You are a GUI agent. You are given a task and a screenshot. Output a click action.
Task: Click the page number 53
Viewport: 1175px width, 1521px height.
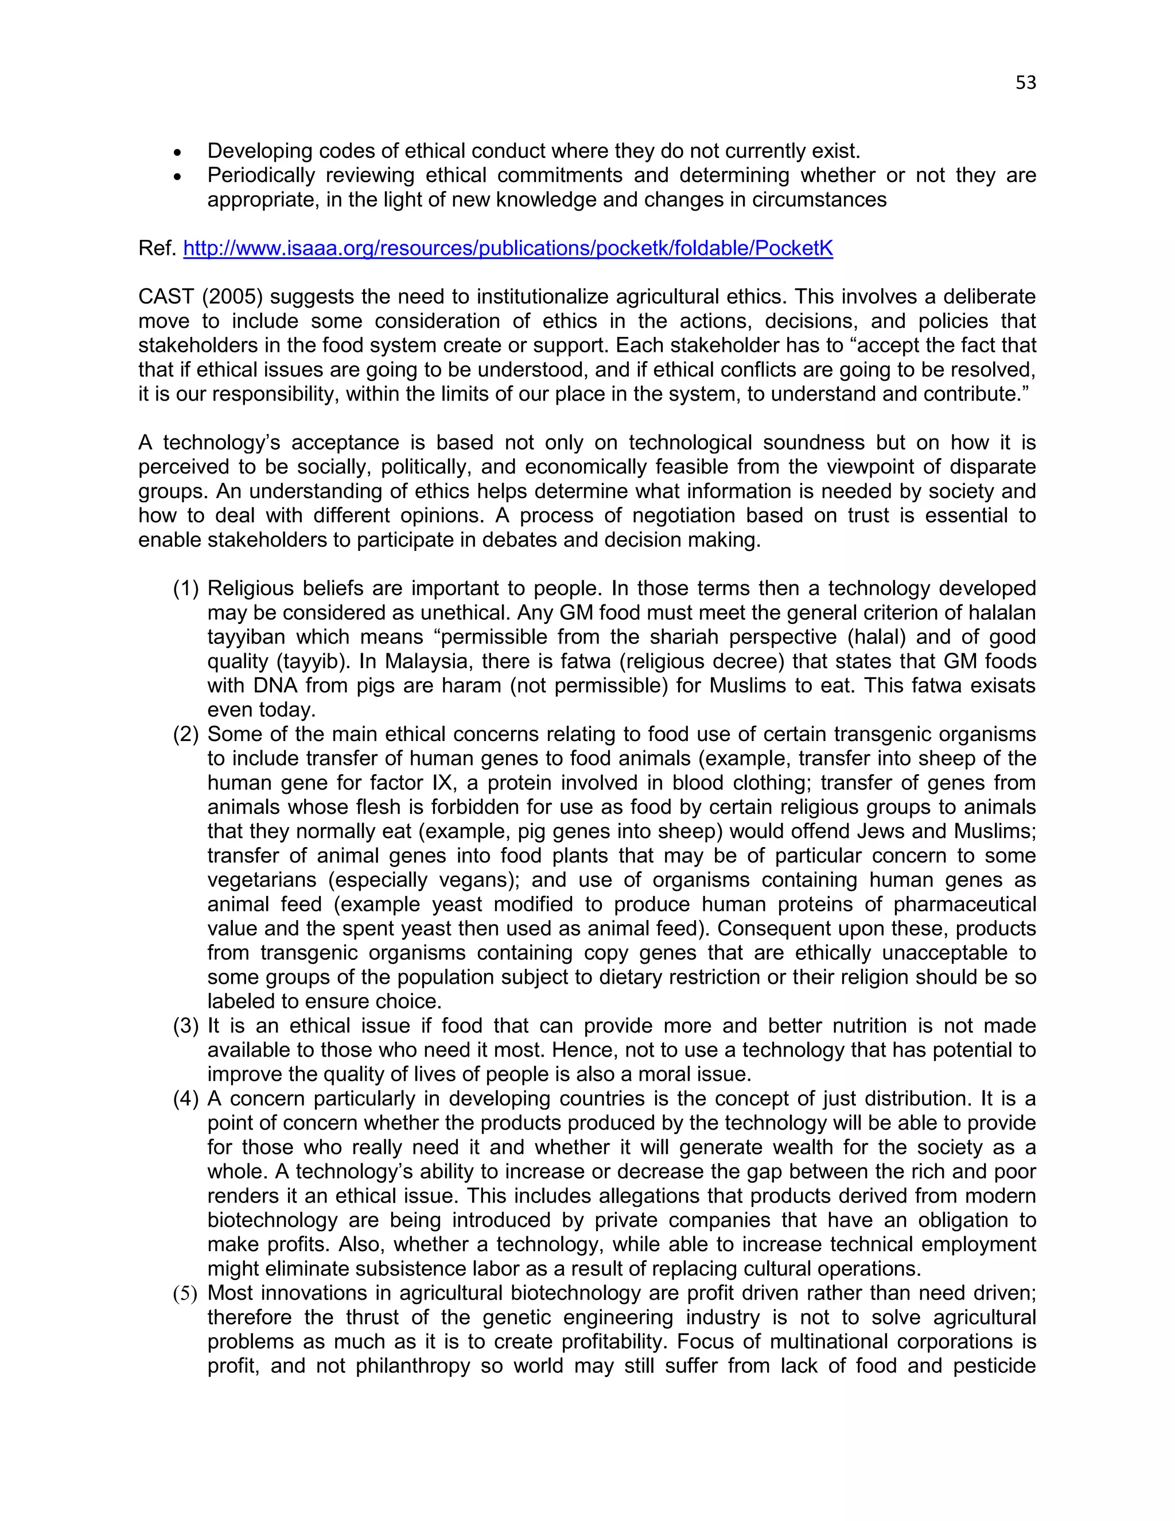(x=1025, y=83)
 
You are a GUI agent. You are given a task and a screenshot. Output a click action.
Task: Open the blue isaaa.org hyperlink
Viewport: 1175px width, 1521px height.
(x=507, y=249)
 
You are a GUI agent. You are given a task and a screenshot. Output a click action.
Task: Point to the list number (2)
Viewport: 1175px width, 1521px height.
(x=186, y=735)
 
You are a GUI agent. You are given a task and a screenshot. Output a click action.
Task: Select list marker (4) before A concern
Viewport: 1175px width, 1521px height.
(x=186, y=1100)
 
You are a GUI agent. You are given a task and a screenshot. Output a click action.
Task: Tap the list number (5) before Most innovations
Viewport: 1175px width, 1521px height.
(x=186, y=1294)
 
